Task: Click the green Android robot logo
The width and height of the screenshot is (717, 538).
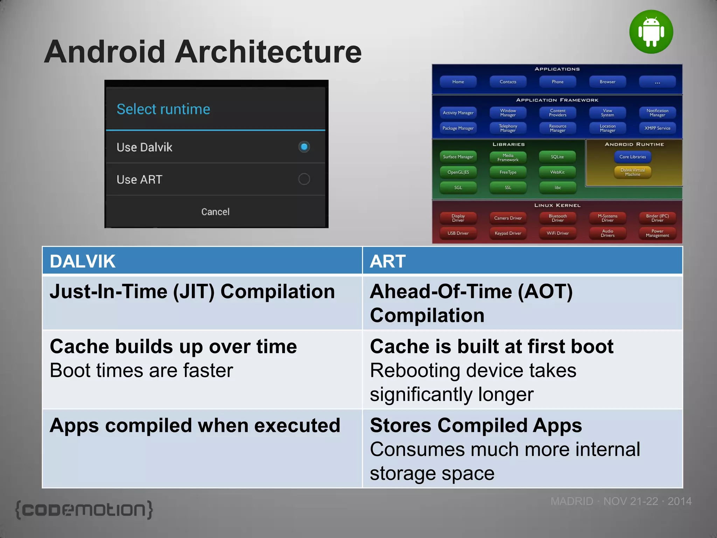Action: click(x=651, y=32)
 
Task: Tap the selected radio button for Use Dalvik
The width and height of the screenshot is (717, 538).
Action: click(x=304, y=147)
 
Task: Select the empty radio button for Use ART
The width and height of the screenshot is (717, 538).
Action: click(x=304, y=179)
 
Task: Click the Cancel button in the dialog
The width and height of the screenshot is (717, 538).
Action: click(x=215, y=212)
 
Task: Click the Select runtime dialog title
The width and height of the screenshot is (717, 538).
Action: click(x=163, y=109)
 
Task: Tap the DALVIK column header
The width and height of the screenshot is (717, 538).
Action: click(x=83, y=261)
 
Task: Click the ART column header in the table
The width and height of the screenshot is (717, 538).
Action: click(x=388, y=261)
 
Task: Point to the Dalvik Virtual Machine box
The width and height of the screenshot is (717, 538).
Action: click(x=633, y=172)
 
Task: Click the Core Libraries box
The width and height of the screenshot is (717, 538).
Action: click(x=633, y=157)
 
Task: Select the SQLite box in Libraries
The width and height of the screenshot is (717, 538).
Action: click(x=557, y=157)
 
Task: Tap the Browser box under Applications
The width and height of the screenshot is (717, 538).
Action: click(x=607, y=82)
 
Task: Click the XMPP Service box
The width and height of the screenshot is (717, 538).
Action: click(x=657, y=128)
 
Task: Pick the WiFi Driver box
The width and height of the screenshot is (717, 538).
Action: click(x=558, y=233)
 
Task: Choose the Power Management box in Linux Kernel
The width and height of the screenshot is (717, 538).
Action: click(x=657, y=233)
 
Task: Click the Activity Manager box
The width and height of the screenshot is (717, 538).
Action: click(x=458, y=113)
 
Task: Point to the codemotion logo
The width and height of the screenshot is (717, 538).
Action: click(x=84, y=510)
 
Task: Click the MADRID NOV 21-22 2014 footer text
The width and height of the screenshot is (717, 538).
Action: click(x=621, y=501)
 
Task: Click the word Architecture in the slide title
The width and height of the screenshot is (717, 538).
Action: click(x=268, y=52)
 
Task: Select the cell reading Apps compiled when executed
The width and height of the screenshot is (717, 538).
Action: click(x=195, y=426)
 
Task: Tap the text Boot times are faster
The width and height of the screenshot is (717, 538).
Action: click(x=141, y=371)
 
